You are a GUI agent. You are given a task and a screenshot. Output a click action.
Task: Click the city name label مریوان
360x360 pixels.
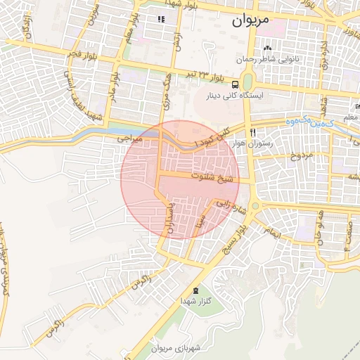tap(250, 20)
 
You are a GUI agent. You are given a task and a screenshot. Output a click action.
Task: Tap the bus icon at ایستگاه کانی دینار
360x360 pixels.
tap(234, 82)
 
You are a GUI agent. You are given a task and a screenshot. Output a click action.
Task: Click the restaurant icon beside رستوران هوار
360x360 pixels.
tap(252, 131)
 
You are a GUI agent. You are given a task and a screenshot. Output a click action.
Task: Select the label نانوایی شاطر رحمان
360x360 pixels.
tap(267, 60)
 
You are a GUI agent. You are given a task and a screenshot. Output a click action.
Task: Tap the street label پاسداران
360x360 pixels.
tap(169, 219)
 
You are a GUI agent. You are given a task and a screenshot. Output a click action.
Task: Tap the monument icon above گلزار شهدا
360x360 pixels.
tap(195, 290)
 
